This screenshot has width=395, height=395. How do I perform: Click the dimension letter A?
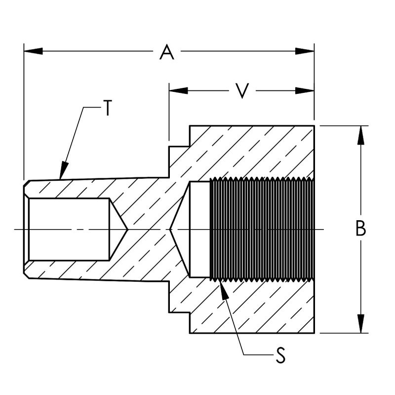pos(167,52)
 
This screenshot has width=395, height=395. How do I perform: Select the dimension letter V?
pos(241,91)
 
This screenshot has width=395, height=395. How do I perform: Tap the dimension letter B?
pos(361,229)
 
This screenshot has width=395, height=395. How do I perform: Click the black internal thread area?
pos(262,229)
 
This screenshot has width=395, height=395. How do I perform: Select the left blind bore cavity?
pos(69,229)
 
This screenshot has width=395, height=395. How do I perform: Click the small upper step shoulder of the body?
pos(179,146)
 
